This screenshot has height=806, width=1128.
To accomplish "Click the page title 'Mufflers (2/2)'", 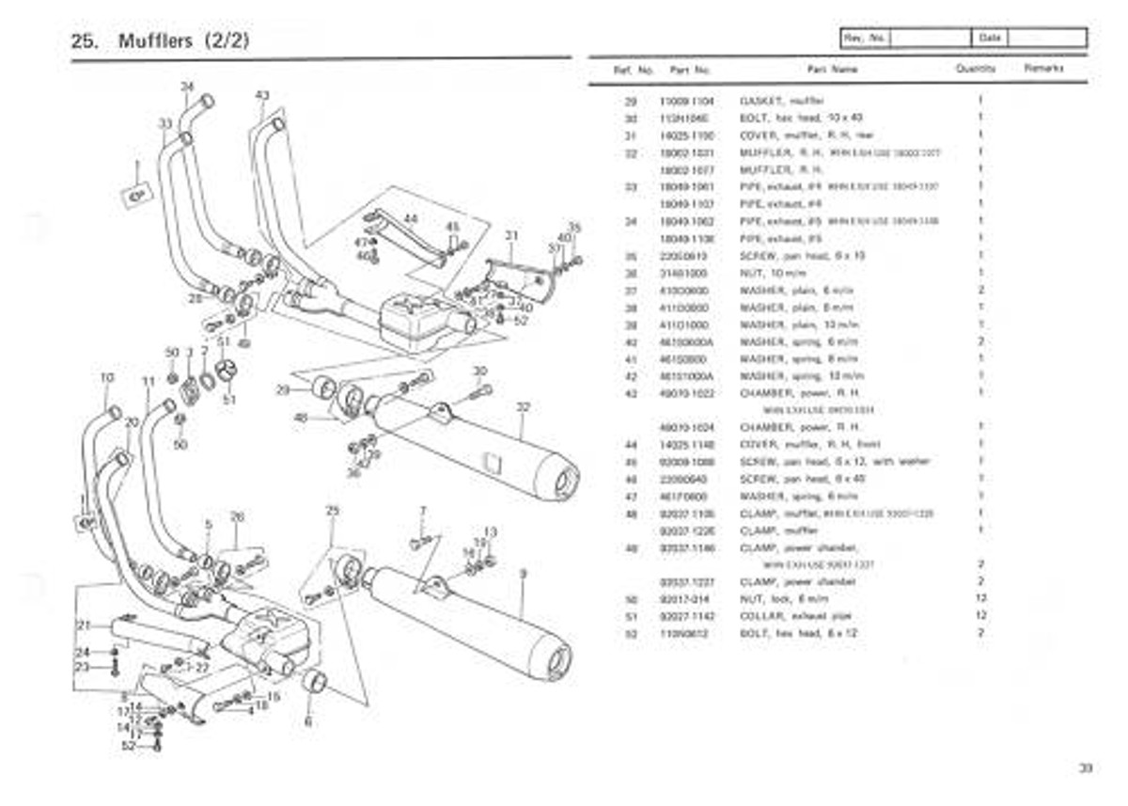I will (183, 41).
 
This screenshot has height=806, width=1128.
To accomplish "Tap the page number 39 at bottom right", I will (1086, 768).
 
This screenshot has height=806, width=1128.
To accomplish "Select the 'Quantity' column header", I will (976, 70).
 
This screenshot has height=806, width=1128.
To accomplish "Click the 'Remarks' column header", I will (1043, 70).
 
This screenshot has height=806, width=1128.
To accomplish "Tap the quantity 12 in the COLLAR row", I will (980, 616).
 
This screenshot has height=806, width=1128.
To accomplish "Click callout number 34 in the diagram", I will (186, 87).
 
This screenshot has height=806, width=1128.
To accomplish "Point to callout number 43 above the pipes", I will (262, 95).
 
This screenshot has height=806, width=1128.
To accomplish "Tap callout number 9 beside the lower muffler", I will (523, 574).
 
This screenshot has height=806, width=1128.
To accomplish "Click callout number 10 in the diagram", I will (107, 378).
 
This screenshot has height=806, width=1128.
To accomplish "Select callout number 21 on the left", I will (82, 625).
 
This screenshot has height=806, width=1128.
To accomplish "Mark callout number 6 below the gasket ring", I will (307, 722).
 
